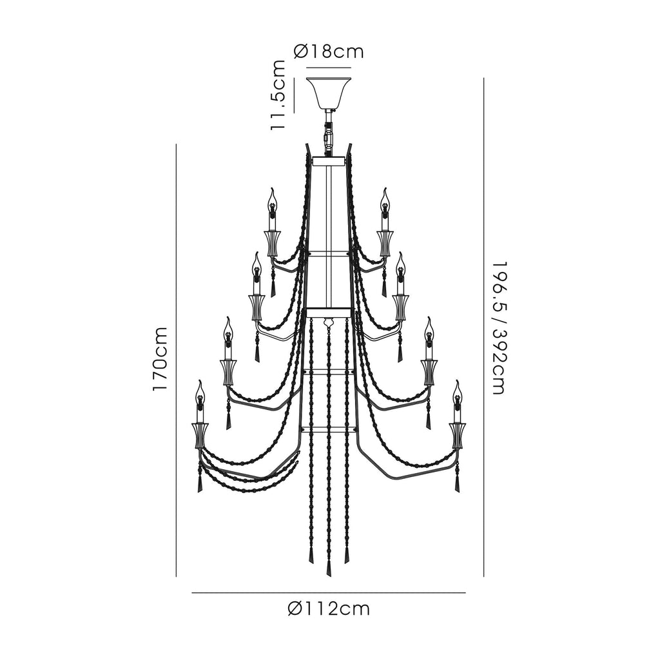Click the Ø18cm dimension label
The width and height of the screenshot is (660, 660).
click(328, 52)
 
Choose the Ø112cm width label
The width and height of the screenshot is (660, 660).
click(329, 608)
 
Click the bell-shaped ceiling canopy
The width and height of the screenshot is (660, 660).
click(329, 93)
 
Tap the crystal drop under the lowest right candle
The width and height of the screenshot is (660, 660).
click(458, 485)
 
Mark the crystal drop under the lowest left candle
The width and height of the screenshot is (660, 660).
click(199, 485)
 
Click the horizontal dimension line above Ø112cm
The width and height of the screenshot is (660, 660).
click(329, 593)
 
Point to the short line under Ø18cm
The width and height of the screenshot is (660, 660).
click(329, 67)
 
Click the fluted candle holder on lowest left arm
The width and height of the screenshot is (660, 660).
click(200, 436)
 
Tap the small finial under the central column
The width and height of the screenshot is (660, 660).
click(328, 324)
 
